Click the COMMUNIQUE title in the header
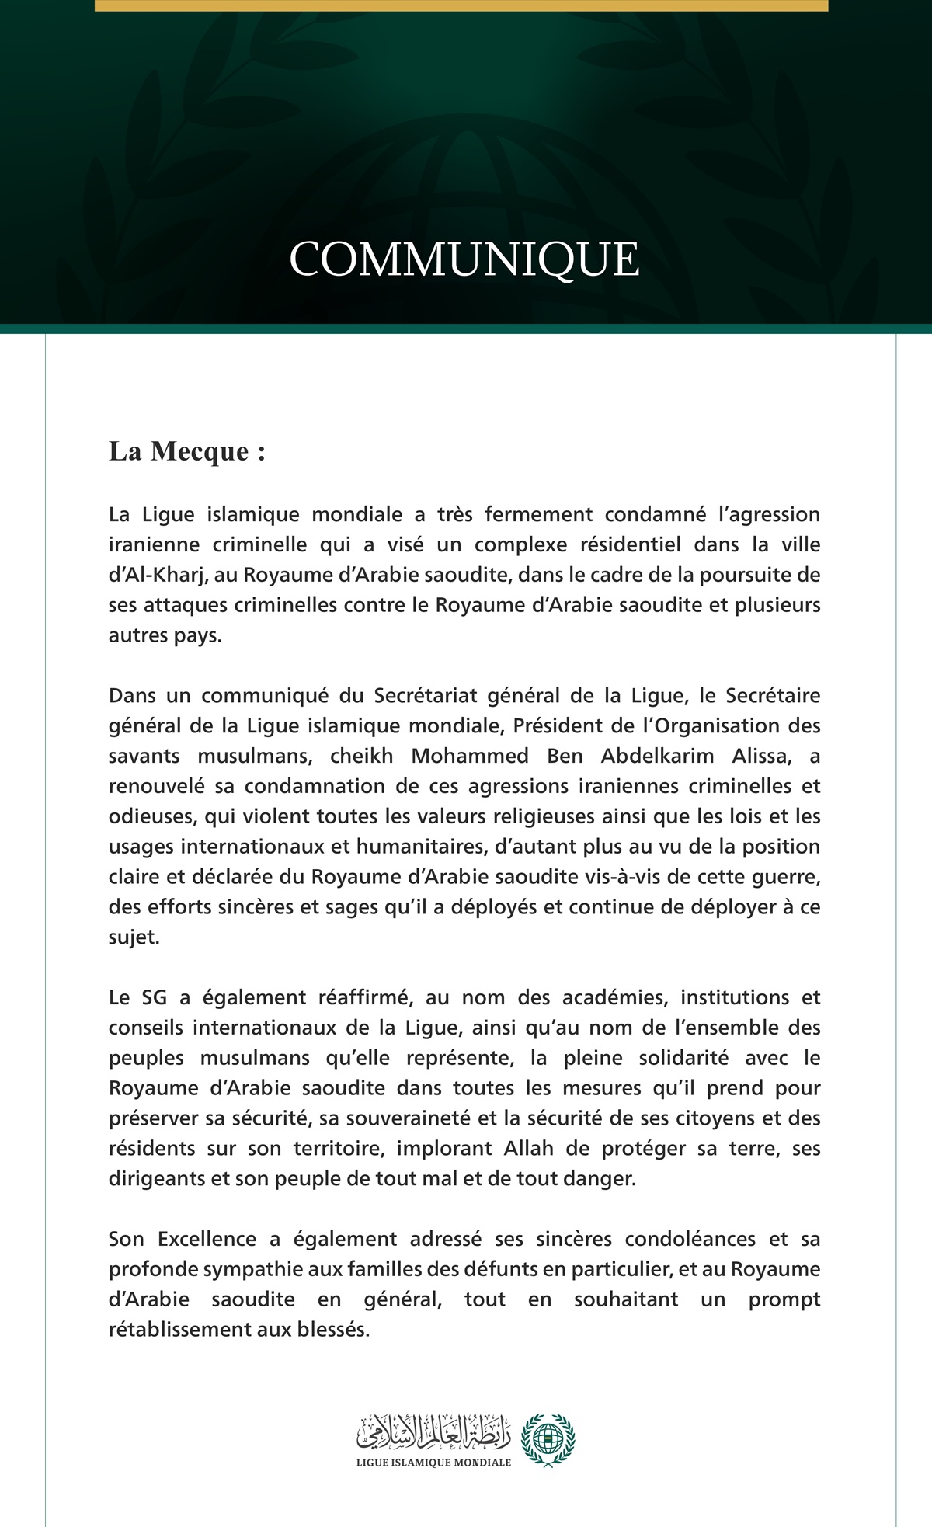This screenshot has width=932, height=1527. click(x=464, y=259)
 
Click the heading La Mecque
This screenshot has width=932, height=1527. click(x=186, y=451)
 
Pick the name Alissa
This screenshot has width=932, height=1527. click(x=760, y=756)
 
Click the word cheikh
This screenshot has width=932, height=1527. click(x=362, y=756)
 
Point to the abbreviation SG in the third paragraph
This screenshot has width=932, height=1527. click(x=154, y=997)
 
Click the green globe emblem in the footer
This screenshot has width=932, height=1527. click(x=548, y=1439)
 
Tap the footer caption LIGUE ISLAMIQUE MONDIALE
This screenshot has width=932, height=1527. click(x=433, y=1463)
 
